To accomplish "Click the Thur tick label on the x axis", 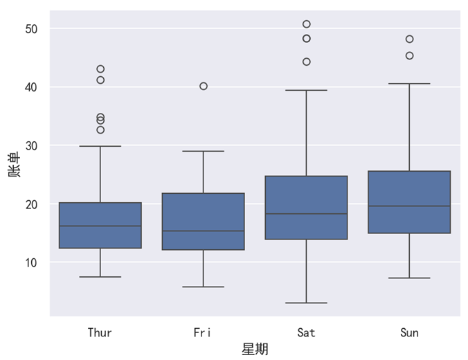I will [x=100, y=333].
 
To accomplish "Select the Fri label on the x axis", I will [x=203, y=333].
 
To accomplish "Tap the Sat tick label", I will [x=306, y=333].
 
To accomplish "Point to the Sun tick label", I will [x=409, y=333].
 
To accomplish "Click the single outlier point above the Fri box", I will [x=204, y=86].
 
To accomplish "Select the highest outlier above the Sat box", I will [x=307, y=24].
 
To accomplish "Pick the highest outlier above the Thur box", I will [x=100, y=69].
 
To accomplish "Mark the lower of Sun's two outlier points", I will [x=409, y=55].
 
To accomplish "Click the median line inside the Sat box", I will [x=306, y=214].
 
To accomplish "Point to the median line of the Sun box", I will [x=409, y=206].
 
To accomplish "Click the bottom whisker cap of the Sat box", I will [x=306, y=303].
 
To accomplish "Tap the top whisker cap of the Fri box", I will [x=203, y=151].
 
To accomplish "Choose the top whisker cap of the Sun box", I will [x=409, y=84].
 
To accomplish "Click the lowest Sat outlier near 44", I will [x=307, y=62].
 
